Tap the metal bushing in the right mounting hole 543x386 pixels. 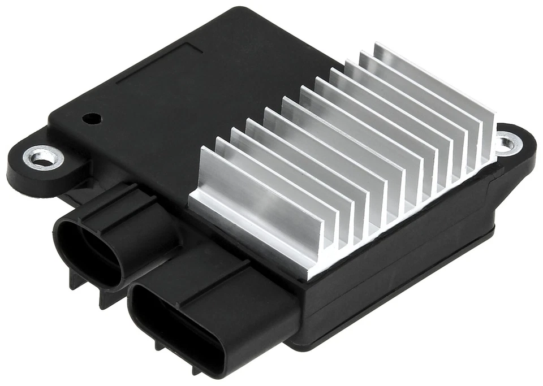click(506, 141)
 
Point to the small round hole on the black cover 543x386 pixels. click(91, 119)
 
